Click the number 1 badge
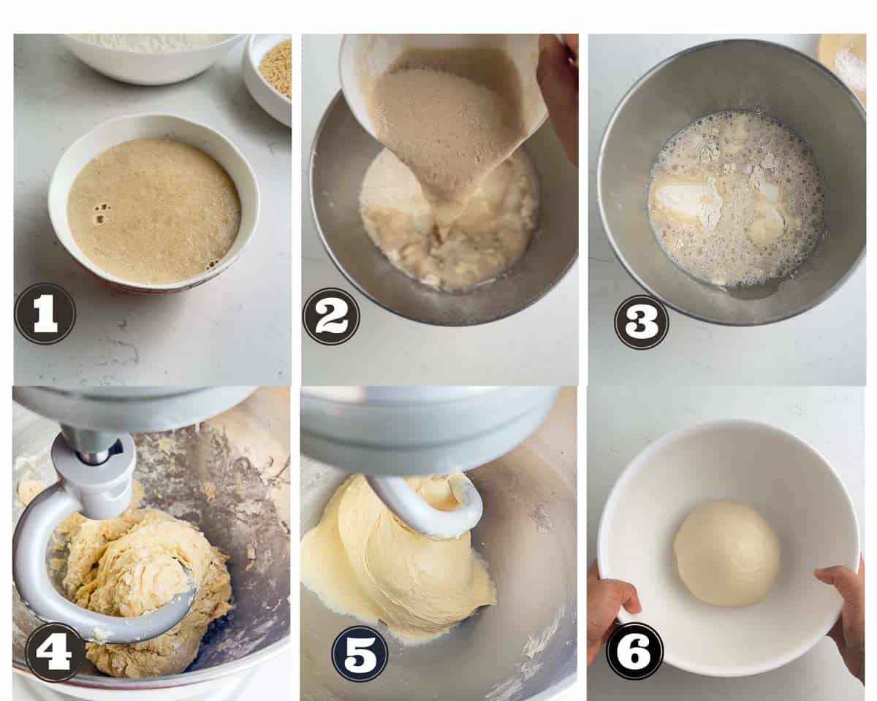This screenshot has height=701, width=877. point(45,314)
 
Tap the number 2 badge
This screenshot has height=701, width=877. point(331,316)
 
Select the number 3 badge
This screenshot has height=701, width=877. point(642,322)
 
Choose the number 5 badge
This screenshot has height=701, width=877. point(360,656)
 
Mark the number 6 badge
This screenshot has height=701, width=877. point(634,651)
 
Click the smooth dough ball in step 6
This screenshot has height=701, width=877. point(726,553)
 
